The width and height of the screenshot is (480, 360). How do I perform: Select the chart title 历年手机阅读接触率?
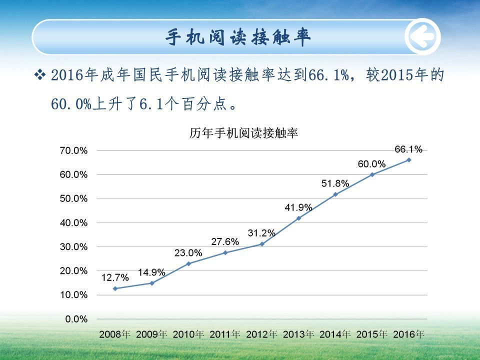coord(243,133)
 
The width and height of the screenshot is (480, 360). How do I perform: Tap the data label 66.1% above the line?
coord(408,149)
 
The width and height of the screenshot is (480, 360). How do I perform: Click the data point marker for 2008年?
coord(115,288)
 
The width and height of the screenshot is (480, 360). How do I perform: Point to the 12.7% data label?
coord(115,277)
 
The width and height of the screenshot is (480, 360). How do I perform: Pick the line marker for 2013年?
coord(298,218)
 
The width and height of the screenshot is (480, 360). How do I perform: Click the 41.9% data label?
coord(298,207)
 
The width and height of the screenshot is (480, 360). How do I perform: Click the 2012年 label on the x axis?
coord(261,333)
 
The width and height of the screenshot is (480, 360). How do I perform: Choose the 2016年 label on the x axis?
coord(408,333)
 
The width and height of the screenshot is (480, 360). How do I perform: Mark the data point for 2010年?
coord(188,263)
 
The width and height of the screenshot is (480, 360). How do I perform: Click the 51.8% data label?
coord(334,183)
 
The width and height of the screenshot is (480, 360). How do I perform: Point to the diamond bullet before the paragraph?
coord(40,76)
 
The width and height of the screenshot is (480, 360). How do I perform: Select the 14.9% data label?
coord(151,272)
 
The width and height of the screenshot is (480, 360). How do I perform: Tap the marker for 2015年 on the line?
coord(372,174)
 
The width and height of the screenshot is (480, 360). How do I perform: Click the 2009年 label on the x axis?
coord(151,333)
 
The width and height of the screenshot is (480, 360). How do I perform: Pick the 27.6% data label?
coord(225,241)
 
